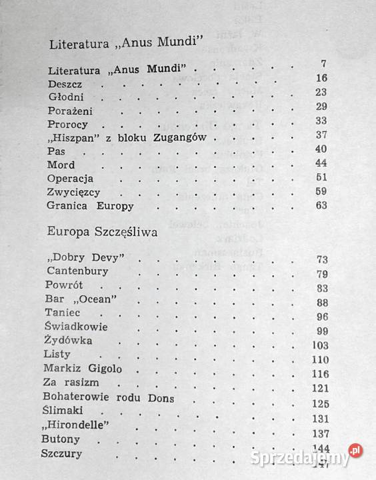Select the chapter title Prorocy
(68, 124)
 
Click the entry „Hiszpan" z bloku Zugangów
(124, 138)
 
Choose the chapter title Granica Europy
(91, 205)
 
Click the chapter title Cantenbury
(77, 271)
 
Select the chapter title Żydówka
(70, 341)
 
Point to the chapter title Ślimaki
(67, 412)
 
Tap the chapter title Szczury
(62, 454)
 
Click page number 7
(323, 65)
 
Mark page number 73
(321, 259)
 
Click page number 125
(320, 403)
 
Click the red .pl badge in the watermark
(355, 451)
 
